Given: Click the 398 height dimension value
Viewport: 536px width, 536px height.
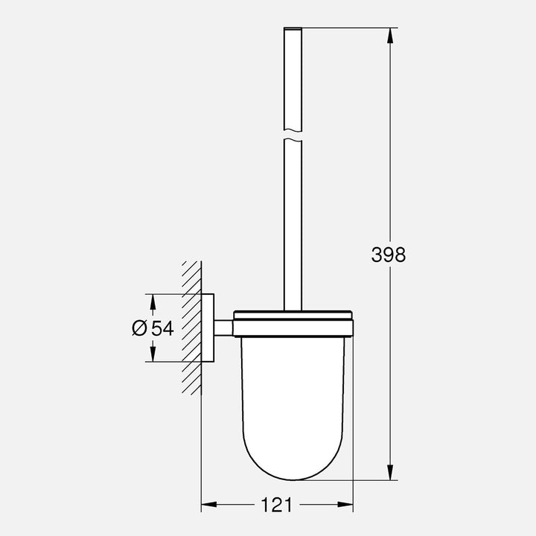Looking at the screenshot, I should click(x=389, y=255).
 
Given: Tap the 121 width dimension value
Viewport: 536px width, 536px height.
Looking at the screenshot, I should click(x=277, y=505).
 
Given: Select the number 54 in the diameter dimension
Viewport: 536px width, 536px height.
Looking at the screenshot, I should click(x=163, y=328).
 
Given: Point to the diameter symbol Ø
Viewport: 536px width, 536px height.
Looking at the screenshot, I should click(x=140, y=328).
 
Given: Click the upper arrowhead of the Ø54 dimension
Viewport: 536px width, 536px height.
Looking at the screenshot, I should click(x=152, y=301).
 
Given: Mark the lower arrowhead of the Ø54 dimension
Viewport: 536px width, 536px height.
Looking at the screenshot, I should click(x=152, y=355).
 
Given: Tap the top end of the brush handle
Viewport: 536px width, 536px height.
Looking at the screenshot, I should click(x=293, y=31).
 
